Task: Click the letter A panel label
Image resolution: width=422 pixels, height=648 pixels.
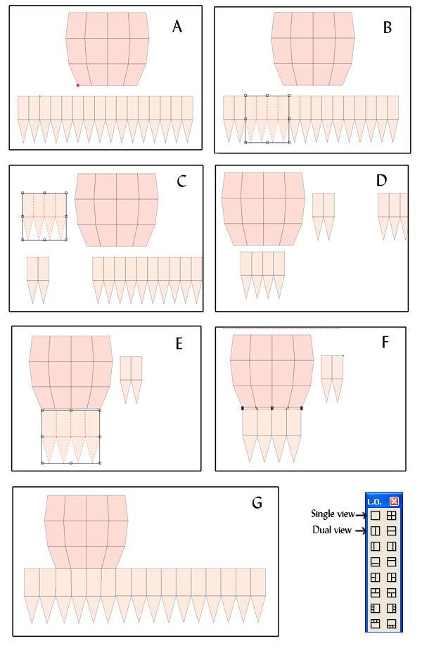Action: (177, 27)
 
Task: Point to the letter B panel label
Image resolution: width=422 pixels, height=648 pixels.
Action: (388, 27)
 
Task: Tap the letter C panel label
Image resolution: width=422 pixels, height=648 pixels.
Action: (181, 182)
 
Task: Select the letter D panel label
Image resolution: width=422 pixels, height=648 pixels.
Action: (381, 180)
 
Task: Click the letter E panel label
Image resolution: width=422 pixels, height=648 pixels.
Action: (179, 343)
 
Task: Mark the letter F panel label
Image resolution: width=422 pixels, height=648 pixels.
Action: (385, 342)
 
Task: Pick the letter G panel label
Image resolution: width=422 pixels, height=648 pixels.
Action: (257, 502)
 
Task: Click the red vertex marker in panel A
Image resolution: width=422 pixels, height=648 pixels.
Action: (77, 85)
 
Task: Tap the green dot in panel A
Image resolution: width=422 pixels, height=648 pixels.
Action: (40, 96)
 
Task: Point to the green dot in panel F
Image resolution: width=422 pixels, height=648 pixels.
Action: (343, 355)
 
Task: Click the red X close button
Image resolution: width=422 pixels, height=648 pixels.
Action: (395, 501)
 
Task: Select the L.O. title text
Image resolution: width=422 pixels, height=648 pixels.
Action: (374, 502)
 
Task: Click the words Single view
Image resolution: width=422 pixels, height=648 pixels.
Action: (333, 514)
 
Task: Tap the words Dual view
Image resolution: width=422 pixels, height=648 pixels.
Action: (332, 530)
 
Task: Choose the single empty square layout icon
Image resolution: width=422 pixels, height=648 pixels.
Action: (376, 515)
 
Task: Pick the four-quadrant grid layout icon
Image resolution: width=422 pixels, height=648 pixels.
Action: (391, 515)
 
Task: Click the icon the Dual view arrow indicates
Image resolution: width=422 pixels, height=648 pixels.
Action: (376, 531)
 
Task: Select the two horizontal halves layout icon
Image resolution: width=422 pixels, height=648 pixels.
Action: (391, 531)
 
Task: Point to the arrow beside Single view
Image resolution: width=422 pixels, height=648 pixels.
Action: (361, 515)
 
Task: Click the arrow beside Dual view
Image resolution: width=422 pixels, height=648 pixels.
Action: (361, 531)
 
